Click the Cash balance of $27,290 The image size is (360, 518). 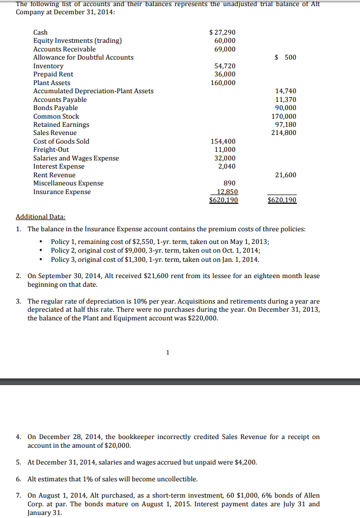tap(223, 32)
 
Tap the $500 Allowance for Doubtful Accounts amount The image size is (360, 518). tap(285, 57)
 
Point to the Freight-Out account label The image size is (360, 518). tap(51, 150)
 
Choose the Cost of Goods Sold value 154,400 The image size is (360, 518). tap(223, 142)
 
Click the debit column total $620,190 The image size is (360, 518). tap(224, 200)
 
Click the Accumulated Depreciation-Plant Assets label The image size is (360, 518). tap(93, 91)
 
